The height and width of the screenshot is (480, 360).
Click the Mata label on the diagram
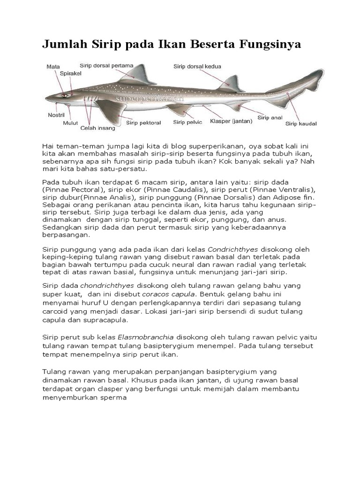53,67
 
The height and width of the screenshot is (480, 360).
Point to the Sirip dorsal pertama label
107,66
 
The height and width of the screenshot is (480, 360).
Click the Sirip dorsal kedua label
197,67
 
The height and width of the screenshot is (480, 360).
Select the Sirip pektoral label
143,123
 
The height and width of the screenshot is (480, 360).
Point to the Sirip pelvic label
187,122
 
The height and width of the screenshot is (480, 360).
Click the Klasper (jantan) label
231,121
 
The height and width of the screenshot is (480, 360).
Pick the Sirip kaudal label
301,124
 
